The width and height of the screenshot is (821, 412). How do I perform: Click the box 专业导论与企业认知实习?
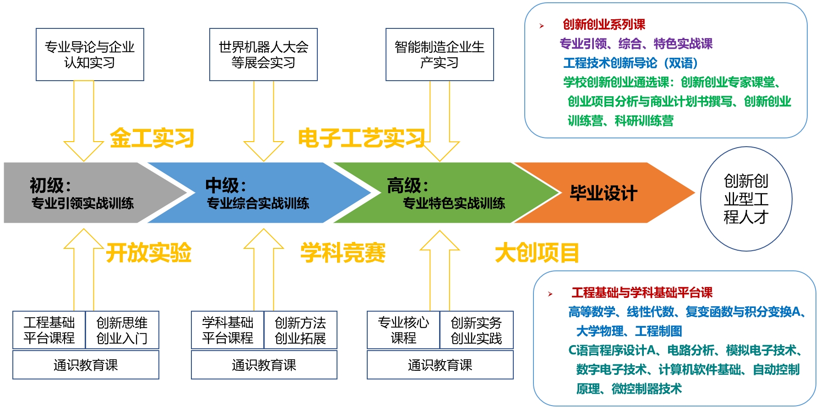[x=90, y=55]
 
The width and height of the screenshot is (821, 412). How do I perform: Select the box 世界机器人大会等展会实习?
[x=263, y=55]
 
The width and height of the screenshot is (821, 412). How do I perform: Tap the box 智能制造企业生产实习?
[x=440, y=55]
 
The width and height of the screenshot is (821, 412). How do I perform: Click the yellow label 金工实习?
[x=152, y=138]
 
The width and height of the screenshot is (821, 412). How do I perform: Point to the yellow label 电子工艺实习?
[x=362, y=138]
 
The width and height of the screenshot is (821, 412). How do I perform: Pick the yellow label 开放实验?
[x=149, y=253]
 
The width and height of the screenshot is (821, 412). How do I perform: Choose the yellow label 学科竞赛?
[x=343, y=253]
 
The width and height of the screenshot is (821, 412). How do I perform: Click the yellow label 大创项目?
[x=537, y=253]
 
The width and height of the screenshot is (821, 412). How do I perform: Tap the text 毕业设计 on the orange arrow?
[x=604, y=193]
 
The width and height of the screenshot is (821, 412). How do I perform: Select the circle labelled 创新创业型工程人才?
[x=746, y=199]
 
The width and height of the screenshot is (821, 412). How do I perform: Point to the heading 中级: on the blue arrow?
[x=226, y=186]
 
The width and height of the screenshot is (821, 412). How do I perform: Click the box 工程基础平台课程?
[x=49, y=330]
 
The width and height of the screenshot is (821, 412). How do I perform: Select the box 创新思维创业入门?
[x=122, y=330]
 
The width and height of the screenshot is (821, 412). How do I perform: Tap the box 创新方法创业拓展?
[x=300, y=330]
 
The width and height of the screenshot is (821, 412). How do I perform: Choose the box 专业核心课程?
[x=403, y=330]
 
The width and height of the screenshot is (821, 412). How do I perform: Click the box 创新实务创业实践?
[x=476, y=330]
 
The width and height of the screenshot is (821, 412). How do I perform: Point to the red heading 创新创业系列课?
[x=604, y=24]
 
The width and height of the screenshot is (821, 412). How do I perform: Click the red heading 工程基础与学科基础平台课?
[x=642, y=292]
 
